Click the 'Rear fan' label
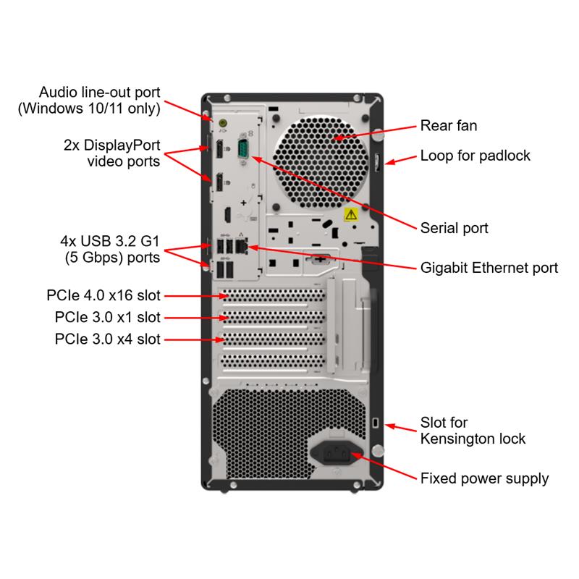pyautogui.click(x=449, y=126)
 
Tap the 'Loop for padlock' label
pyautogui.click(x=476, y=156)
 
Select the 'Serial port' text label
pyautogui.click(x=455, y=228)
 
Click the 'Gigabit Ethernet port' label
pyautogui.click(x=489, y=268)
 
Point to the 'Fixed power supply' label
pyautogui.click(x=484, y=478)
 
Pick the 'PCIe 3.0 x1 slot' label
pyautogui.click(x=107, y=317)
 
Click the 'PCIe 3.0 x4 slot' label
pyautogui.click(x=107, y=339)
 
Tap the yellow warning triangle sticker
pyautogui.click(x=351, y=214)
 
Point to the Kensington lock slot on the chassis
pyautogui.click(x=375, y=422)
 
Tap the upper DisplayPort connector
pyautogui.click(x=217, y=151)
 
